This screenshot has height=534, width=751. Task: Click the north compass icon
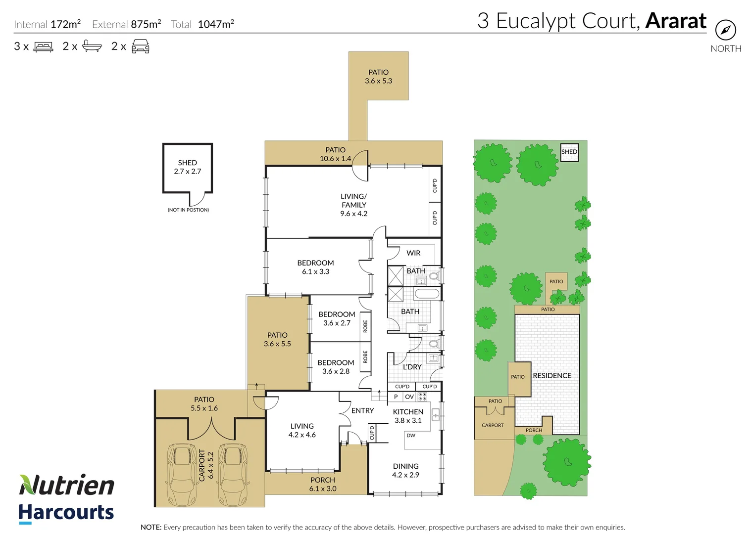coord(725,30)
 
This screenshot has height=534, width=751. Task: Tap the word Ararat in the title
coord(676,21)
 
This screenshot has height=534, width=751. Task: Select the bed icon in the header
coord(43,47)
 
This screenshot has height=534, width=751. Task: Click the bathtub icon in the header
coord(92,46)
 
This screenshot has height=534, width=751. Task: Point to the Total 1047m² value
coord(215,24)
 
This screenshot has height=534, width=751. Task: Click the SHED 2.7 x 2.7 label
coord(187,167)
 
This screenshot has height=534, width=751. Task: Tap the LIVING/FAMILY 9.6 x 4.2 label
coord(353,205)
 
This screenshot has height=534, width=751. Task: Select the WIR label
coord(413,253)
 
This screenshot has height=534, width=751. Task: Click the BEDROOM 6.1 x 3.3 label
coord(315,267)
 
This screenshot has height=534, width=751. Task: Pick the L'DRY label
coord(412,367)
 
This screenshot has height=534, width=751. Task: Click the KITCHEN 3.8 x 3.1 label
coord(408,416)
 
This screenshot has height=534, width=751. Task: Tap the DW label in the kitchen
coord(411,436)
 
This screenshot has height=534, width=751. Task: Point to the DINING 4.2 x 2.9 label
coord(405,470)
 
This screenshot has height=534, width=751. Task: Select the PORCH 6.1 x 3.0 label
coord(323,484)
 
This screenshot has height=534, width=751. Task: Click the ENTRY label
coord(362,410)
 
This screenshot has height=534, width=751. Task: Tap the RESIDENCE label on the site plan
coord(552,376)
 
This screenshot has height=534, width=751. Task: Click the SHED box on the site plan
coord(569,152)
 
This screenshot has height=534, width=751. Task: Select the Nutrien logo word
coord(67,485)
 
